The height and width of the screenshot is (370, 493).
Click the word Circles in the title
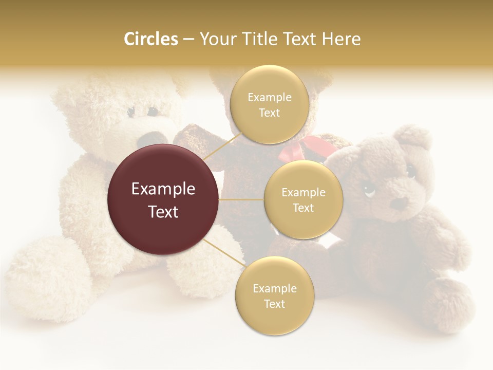coord(150,39)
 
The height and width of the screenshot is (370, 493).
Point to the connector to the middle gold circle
coord(241,199)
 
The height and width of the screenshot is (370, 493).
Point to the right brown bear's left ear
coord(415,138)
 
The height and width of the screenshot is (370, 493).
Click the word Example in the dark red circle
coord(163,189)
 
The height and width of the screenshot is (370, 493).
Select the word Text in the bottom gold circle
coord(274,304)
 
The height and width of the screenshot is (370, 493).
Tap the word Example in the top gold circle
coord(269,97)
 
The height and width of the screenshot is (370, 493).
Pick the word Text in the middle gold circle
coord(303,208)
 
